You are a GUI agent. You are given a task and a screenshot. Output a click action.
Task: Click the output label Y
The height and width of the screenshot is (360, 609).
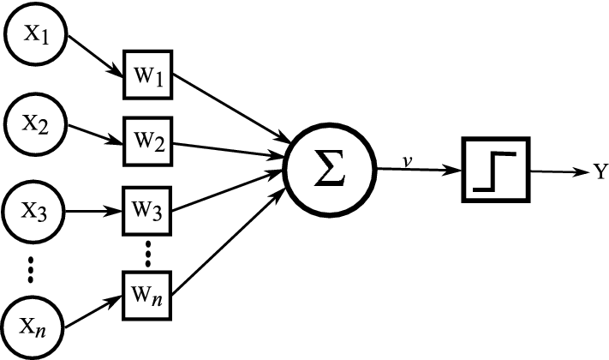click(x=599, y=171)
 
